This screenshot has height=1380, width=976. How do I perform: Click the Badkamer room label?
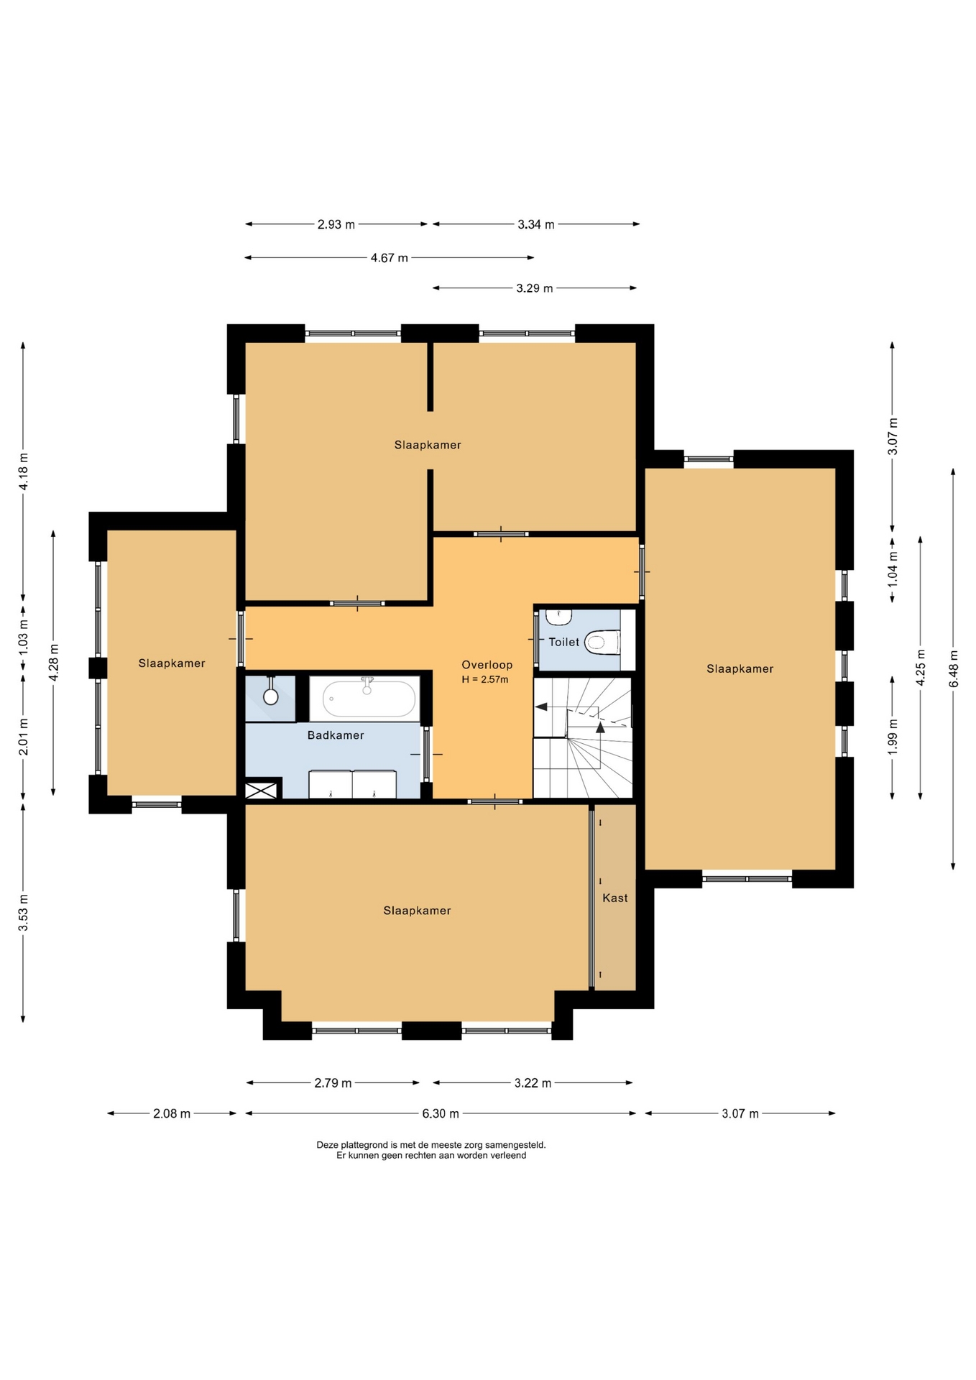coord(336,735)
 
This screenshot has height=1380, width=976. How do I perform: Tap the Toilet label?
coord(563,642)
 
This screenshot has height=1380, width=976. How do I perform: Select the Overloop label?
coord(487,665)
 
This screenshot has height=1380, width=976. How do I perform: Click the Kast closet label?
coord(615,898)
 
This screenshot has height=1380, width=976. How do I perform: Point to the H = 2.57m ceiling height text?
coord(485,679)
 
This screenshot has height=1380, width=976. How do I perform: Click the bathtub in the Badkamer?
coord(369,698)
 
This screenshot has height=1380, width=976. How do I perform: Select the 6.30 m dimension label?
coord(441,1113)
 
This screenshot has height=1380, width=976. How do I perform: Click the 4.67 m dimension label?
coord(390,257)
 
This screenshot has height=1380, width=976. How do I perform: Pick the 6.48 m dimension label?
coord(954,668)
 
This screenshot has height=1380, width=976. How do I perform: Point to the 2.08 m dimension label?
coord(172,1113)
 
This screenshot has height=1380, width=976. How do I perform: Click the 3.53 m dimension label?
coord(23,913)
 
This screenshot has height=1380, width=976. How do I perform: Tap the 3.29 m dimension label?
coord(535,288)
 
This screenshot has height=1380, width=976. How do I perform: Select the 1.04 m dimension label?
coord(893,569)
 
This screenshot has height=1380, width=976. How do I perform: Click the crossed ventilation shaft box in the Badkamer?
coord(261,790)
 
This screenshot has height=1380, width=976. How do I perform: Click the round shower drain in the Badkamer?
coord(271,696)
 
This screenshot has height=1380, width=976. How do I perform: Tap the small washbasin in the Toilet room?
coord(558,617)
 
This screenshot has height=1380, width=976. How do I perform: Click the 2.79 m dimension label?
coord(333,1082)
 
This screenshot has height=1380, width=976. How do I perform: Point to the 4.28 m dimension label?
coord(53,663)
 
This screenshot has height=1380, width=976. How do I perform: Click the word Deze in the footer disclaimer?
coord(328,1145)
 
